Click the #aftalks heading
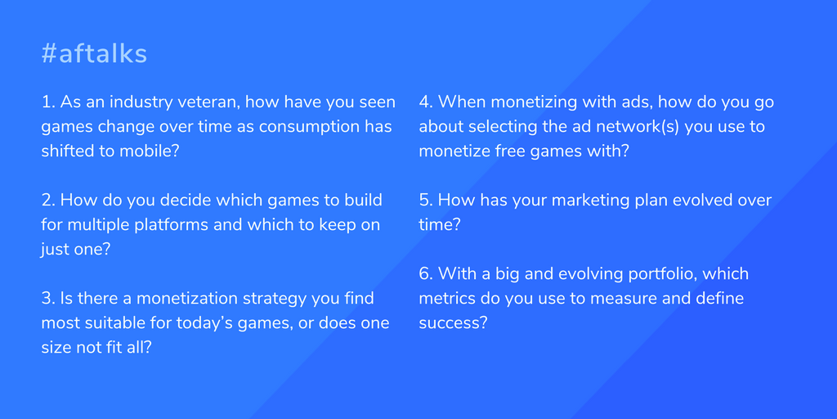point(94,54)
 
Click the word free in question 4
point(511,151)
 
